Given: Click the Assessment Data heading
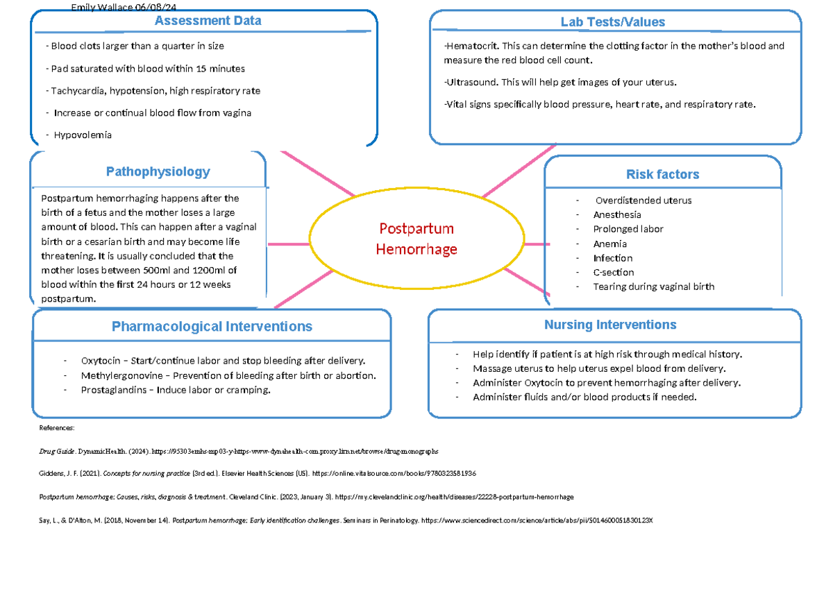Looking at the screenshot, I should (208, 21).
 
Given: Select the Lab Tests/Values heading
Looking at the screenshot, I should (612, 22).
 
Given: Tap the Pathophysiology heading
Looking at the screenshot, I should (158, 171).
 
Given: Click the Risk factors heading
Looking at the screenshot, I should (662, 174).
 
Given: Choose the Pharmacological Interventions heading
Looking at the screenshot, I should (212, 326).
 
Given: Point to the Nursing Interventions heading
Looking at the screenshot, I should (609, 325).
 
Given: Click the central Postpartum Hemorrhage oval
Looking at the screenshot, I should (416, 239).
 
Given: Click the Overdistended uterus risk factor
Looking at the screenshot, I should (642, 200).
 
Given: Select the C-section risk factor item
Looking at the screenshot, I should (613, 273).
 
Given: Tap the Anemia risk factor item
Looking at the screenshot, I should (609, 244).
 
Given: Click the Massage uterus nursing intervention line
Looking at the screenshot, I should (598, 368).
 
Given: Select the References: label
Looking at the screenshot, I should (56, 429).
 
